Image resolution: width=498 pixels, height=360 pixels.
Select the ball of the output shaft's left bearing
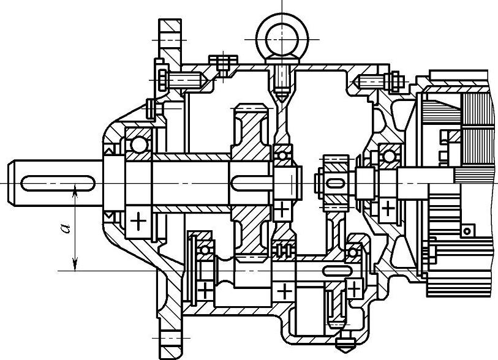139,144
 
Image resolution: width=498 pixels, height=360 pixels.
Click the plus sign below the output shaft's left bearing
140,220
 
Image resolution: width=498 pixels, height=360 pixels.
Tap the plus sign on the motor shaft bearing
388,208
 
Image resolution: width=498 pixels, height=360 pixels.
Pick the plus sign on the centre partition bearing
282,208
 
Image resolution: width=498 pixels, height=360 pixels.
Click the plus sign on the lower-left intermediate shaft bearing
205,288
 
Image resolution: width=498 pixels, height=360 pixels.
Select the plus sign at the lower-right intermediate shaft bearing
354,287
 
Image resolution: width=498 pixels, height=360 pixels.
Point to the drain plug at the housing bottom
341,340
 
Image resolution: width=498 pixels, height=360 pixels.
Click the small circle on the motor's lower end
467,230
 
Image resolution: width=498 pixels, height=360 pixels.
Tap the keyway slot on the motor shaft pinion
334,182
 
